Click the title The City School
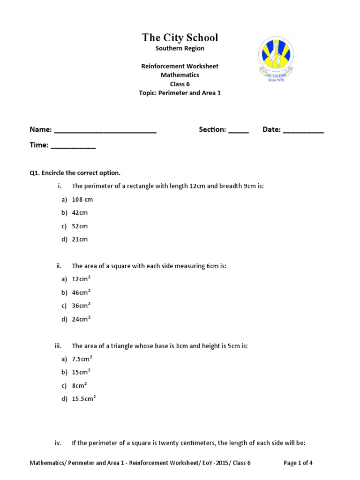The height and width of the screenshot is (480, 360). pyautogui.click(x=180, y=37)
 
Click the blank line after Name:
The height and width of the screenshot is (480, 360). pyautogui.click(x=105, y=131)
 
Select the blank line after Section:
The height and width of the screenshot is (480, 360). pyautogui.click(x=239, y=131)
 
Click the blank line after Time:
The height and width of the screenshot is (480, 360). pyautogui.click(x=73, y=147)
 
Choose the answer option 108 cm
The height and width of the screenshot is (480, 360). pyautogui.click(x=82, y=200)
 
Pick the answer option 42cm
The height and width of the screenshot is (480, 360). pyautogui.click(x=80, y=213)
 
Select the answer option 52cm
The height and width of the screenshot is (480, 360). pyautogui.click(x=80, y=226)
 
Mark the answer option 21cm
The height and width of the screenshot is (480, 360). pyautogui.click(x=80, y=240)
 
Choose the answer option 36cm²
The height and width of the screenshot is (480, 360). pyautogui.click(x=81, y=306)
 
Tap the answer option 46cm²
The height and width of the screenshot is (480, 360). pyautogui.click(x=81, y=292)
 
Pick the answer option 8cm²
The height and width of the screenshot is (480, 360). pyautogui.click(x=79, y=386)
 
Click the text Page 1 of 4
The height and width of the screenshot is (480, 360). pyautogui.click(x=298, y=463)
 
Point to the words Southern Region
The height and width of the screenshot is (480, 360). pyautogui.click(x=180, y=48)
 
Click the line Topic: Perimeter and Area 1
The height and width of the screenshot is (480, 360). pyautogui.click(x=180, y=93)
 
